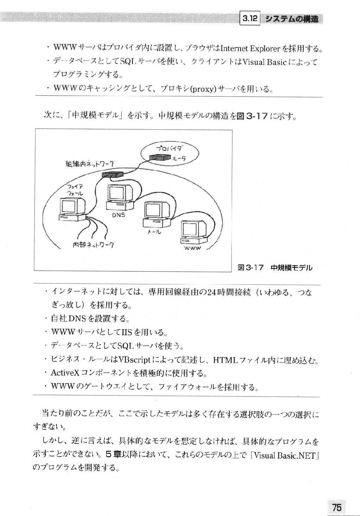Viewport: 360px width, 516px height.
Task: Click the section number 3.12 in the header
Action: click(250, 18)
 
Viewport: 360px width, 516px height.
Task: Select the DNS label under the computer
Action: click(118, 215)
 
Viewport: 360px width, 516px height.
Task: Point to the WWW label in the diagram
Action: click(193, 248)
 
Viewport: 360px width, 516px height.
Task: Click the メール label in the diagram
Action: click(154, 232)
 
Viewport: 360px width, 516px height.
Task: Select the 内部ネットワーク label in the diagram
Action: click(93, 244)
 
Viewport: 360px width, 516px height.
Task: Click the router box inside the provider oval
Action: click(160, 157)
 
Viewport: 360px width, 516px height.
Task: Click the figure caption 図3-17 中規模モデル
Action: click(275, 268)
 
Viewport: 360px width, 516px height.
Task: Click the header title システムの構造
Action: click(291, 18)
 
